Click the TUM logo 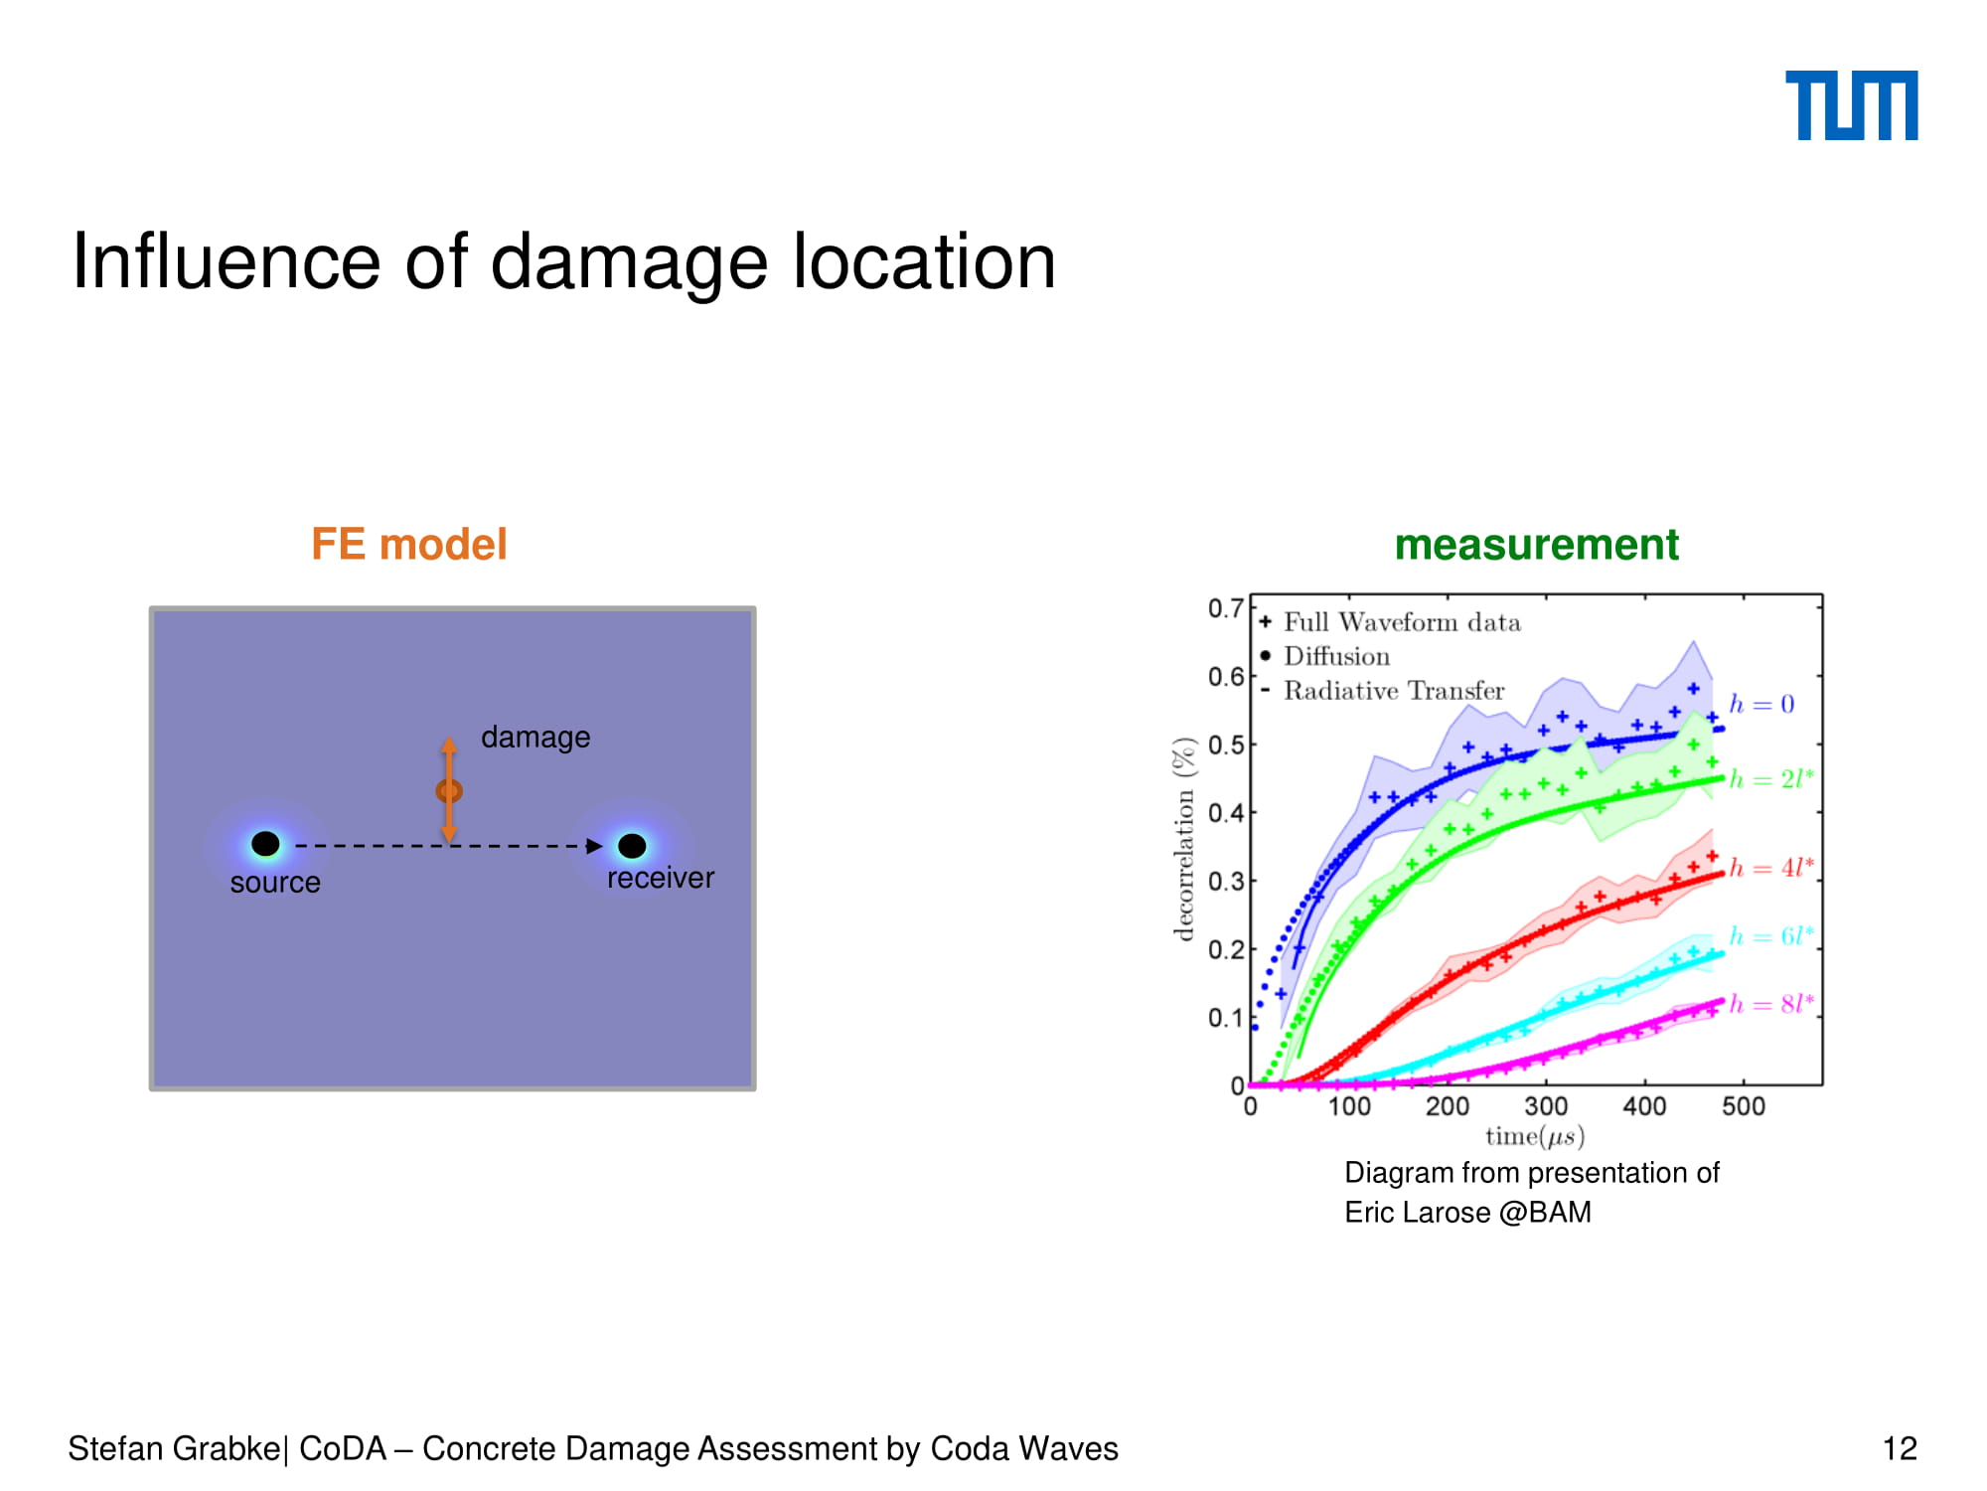click(1851, 105)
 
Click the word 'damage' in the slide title click(630, 263)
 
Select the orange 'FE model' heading click(409, 545)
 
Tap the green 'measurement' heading click(1536, 545)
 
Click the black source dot click(265, 844)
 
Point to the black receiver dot click(632, 846)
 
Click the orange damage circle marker click(449, 791)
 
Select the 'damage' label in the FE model click(535, 738)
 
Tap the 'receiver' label click(661, 878)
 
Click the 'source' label click(275, 883)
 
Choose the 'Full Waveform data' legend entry click(1391, 622)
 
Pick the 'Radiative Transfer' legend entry click(1383, 691)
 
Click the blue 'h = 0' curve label click(1761, 704)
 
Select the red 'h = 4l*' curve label click(1771, 867)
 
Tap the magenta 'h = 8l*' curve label click(1771, 1004)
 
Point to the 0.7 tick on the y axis click(1225, 608)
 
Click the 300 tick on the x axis click(1546, 1106)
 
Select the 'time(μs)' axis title click(1535, 1136)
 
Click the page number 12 click(1900, 1449)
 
